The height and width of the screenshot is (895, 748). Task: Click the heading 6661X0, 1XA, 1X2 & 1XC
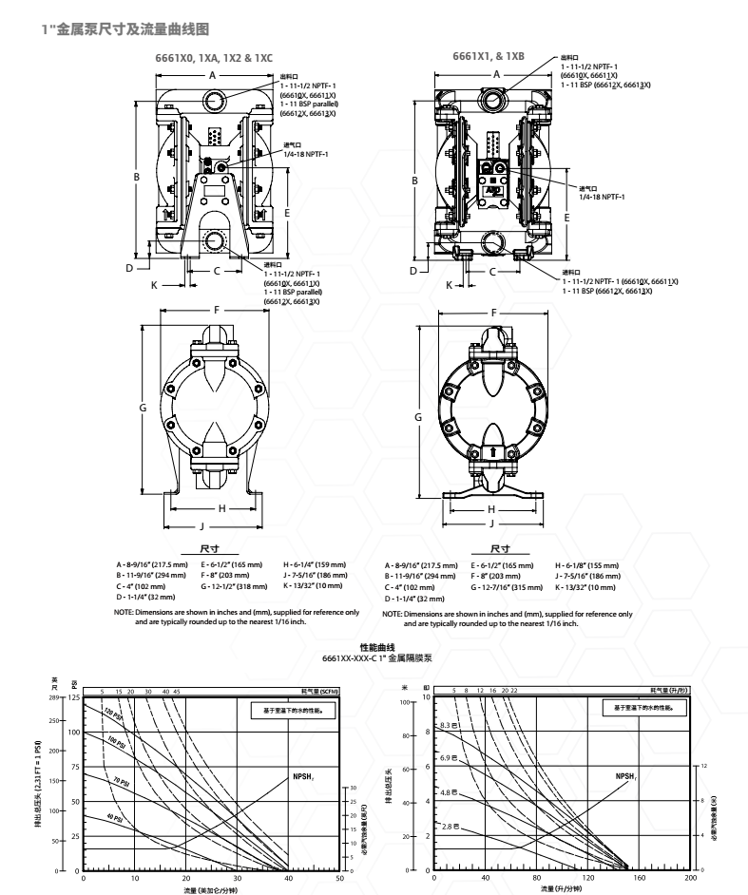[x=214, y=57]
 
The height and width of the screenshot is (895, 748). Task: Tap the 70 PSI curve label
[x=121, y=781]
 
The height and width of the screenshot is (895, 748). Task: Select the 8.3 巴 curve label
[x=450, y=726]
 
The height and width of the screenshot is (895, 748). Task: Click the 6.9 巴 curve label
[x=450, y=757]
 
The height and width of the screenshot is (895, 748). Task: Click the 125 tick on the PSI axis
[x=73, y=698]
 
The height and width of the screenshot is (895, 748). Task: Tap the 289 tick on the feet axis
[x=54, y=698]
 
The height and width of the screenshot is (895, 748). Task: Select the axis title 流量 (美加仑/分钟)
[x=211, y=890]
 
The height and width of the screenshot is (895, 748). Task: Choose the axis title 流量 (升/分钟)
[x=564, y=890]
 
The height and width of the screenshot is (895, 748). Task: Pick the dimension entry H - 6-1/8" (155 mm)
[x=585, y=565]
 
